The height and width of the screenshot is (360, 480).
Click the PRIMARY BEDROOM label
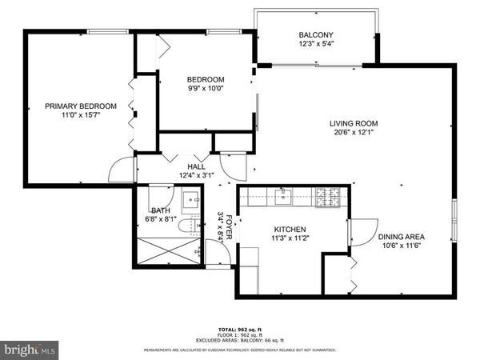point(81,106)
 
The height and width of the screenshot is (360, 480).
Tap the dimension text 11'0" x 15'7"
point(81,114)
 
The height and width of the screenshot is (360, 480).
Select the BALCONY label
point(316,35)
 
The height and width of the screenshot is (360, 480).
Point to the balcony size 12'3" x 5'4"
point(316,44)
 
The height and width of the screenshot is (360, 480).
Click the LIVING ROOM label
point(354,123)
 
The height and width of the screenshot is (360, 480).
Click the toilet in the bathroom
point(188,226)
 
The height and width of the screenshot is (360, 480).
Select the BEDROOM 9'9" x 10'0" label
point(206,84)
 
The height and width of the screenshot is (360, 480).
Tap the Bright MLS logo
point(30,350)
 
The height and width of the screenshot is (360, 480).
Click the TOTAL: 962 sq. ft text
point(240,329)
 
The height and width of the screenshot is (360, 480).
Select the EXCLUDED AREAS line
point(240,340)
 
